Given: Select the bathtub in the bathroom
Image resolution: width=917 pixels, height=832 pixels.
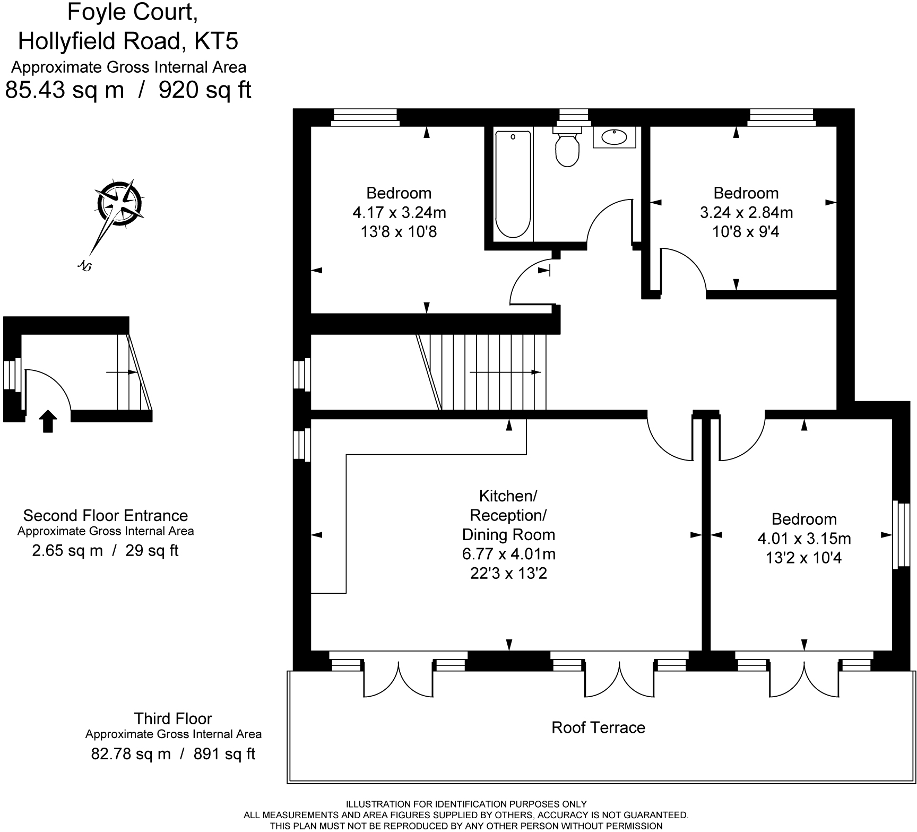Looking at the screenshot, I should (513, 184).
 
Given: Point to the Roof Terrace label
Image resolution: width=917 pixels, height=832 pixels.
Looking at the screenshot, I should (598, 727).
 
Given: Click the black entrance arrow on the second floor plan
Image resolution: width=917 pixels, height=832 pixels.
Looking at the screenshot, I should (48, 421).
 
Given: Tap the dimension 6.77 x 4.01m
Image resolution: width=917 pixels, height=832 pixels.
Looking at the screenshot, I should (508, 554).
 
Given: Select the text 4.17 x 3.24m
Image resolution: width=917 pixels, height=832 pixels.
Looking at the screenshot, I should (399, 213).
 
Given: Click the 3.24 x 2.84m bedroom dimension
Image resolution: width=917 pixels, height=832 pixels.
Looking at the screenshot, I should (746, 213).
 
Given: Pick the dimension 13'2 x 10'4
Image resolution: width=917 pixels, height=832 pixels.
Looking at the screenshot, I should (804, 558).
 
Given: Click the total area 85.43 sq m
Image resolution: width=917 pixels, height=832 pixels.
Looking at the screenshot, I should (65, 90).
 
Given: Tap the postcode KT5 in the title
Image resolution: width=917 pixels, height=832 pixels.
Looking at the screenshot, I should (217, 41).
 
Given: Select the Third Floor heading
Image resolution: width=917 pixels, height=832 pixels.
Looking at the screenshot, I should (173, 719).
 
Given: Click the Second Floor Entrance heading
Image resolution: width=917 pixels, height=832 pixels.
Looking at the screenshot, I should (106, 516).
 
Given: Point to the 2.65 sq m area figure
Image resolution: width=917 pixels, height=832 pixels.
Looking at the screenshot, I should (67, 551).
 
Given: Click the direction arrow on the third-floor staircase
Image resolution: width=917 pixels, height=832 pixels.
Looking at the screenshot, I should (505, 372).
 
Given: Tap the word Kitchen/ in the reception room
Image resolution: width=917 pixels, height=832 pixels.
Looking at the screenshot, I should (508, 496).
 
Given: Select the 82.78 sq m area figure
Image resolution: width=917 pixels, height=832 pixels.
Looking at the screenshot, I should (131, 754).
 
